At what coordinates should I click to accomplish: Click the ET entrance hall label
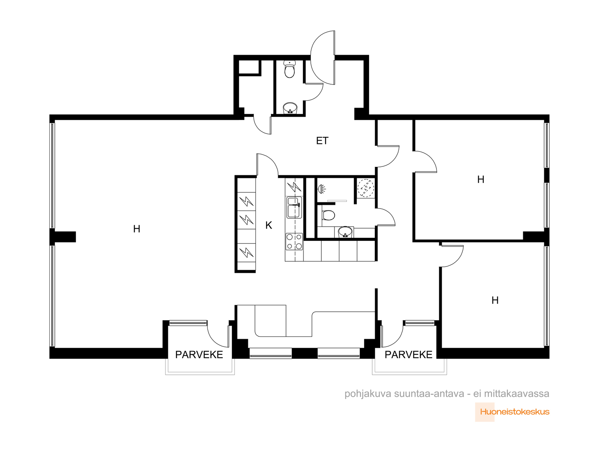click(x=322, y=141)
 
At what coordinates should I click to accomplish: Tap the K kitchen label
click(x=269, y=225)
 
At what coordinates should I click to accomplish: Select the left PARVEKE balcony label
click(x=199, y=355)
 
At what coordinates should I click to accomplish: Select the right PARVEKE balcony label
click(x=408, y=355)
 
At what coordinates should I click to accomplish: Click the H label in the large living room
click(x=137, y=229)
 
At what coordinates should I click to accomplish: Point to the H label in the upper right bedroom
click(x=480, y=179)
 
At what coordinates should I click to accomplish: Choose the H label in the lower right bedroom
click(x=495, y=300)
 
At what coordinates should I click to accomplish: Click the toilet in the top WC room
click(x=290, y=69)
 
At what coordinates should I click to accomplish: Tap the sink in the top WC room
click(x=290, y=108)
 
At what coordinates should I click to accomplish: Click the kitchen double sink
click(x=294, y=207)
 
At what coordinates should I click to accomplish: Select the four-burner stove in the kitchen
click(x=294, y=242)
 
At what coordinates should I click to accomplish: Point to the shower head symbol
click(x=321, y=189)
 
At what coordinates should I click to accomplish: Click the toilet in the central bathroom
click(x=328, y=215)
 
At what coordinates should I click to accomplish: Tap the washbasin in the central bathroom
click(x=345, y=232)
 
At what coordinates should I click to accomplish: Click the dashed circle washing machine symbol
click(x=366, y=188)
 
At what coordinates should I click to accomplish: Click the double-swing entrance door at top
click(x=322, y=58)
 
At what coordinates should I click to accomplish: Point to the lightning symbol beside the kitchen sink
click(x=294, y=187)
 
